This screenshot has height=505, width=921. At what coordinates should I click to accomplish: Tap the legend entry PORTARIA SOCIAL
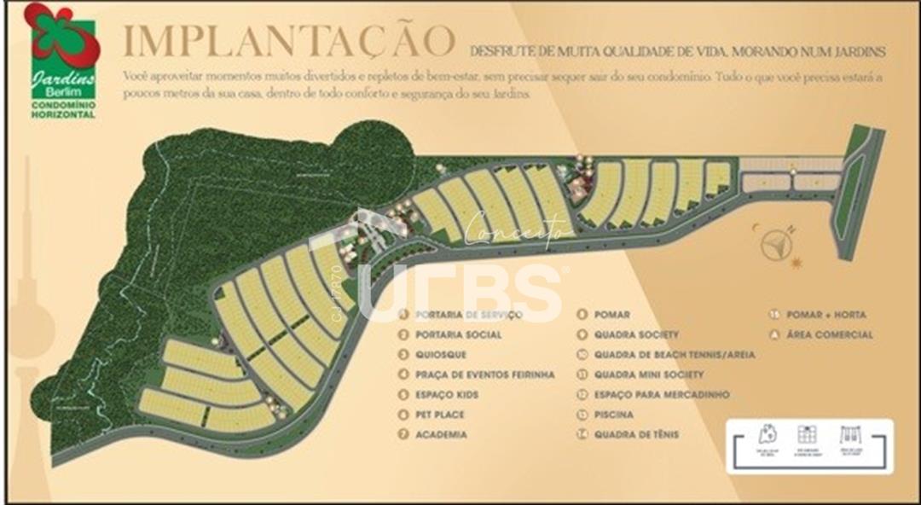coord(459,335)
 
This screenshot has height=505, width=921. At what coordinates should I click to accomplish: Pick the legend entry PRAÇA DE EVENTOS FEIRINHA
coord(484,374)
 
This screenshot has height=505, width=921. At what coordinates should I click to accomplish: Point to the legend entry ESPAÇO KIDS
coord(448,395)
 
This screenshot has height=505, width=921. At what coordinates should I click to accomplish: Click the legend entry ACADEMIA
coord(441,434)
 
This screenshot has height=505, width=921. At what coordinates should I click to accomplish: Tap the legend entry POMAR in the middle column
coord(613,315)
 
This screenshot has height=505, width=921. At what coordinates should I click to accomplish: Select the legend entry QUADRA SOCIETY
coord(636,335)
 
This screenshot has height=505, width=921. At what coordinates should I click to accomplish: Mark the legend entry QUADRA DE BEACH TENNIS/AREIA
coord(674,355)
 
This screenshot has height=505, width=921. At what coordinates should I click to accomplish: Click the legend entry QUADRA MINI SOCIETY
coord(649,374)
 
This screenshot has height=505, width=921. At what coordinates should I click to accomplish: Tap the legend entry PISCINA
coord(614,415)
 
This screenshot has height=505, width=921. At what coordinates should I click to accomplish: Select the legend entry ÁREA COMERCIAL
coord(829,335)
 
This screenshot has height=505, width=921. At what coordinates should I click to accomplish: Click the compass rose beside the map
coord(776,245)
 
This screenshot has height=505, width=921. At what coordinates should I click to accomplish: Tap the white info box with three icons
coord(808,445)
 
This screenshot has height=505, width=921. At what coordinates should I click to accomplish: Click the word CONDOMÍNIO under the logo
coord(64,105)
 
